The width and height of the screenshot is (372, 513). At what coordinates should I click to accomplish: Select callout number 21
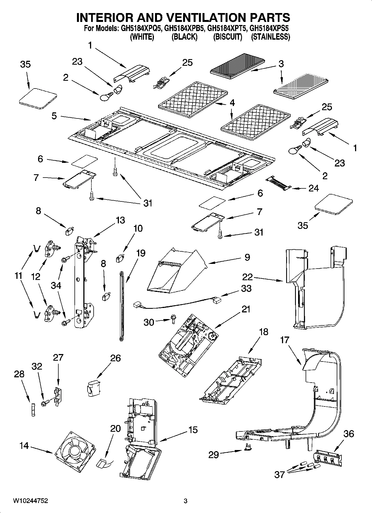[x=246, y=309]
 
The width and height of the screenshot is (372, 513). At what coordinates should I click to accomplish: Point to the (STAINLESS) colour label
[x=270, y=37]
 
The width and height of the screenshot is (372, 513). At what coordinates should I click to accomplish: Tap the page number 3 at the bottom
[x=186, y=501]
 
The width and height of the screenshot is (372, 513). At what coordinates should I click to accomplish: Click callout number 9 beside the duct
[x=247, y=257]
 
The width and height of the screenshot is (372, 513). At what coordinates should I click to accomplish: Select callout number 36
[x=348, y=433]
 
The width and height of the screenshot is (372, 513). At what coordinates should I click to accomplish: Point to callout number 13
[x=120, y=220]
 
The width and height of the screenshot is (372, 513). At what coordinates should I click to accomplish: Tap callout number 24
[x=313, y=188]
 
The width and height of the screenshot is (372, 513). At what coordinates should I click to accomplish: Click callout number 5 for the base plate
[x=54, y=116]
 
